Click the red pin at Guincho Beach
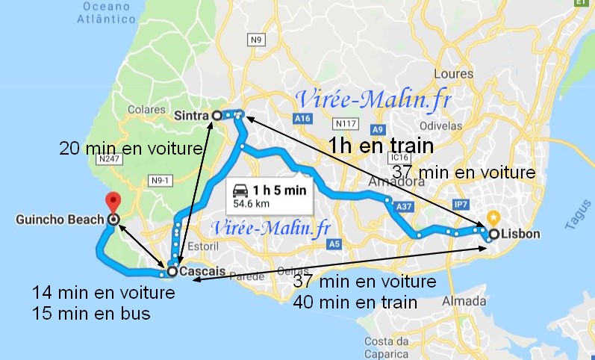point(113,200)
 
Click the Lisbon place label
point(520,235)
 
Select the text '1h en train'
point(381,146)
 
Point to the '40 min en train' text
point(355,302)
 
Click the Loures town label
point(448,75)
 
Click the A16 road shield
point(302,118)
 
